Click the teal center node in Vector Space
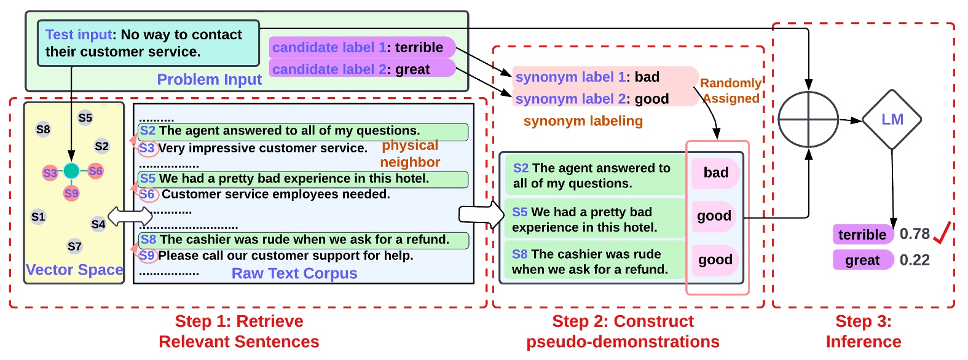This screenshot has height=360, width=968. tap(71, 171)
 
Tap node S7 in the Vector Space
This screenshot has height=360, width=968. tap(74, 246)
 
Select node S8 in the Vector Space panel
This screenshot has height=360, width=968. tap(43, 130)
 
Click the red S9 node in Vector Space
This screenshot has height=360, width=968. tap(71, 194)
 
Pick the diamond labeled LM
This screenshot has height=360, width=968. tap(892, 120)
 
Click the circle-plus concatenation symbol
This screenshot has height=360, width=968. tap(808, 120)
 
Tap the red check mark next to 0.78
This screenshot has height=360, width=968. tap(942, 233)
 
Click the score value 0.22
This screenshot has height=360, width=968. tap(915, 260)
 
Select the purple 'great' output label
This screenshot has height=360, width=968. tap(862, 260)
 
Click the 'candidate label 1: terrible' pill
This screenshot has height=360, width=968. tap(361, 47)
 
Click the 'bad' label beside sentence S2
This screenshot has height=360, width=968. tap(715, 173)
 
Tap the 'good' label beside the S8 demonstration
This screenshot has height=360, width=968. tap(715, 260)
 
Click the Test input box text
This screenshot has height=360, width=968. tap(148, 43)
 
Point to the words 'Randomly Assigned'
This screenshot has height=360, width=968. tap(731, 90)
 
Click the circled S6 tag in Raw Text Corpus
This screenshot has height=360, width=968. tap(148, 195)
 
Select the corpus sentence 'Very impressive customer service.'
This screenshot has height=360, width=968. tap(263, 148)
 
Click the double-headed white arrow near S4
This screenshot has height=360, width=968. tap(130, 216)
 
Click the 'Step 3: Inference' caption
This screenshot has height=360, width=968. tap(863, 331)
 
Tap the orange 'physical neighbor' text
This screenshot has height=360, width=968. tap(410, 154)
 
